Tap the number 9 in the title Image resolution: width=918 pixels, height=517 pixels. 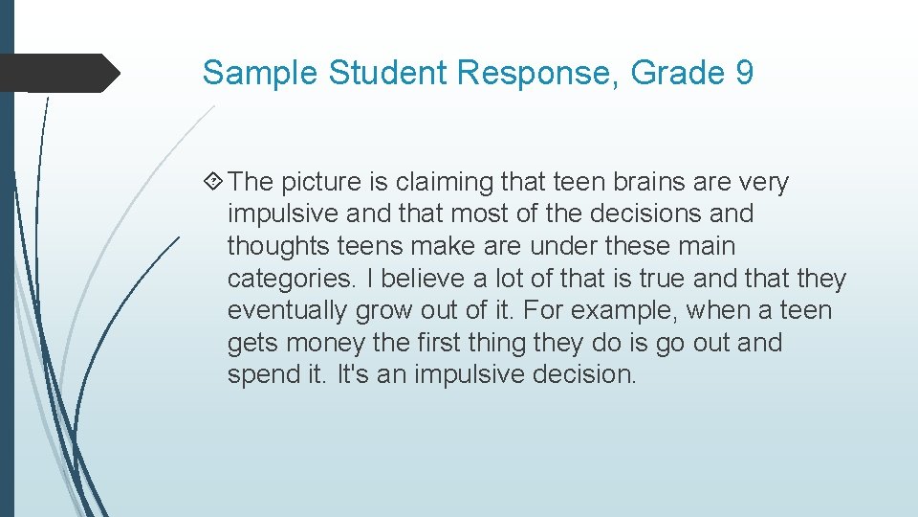[744, 73]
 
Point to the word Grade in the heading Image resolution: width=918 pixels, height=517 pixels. [683, 73]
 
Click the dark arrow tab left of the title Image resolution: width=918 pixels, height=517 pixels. [57, 73]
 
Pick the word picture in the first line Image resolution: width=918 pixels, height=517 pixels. [321, 182]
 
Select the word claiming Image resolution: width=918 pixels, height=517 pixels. [448, 182]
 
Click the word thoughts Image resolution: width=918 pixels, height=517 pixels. [279, 246]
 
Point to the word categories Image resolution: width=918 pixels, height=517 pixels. [287, 279]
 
